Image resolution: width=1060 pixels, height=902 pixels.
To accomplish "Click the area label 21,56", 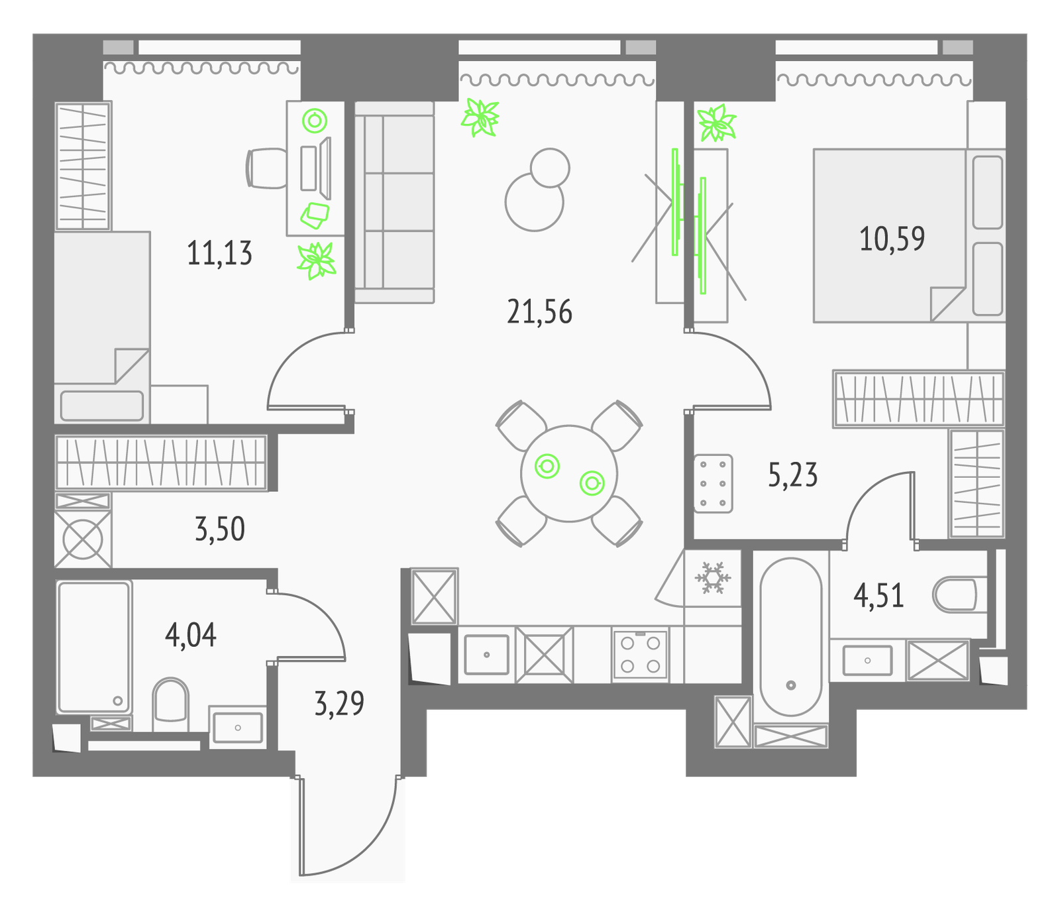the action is pyautogui.click(x=539, y=311).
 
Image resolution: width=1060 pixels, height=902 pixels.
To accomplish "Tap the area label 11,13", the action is pyautogui.click(x=219, y=253).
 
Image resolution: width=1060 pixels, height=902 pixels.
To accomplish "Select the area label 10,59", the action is pyautogui.click(x=892, y=239).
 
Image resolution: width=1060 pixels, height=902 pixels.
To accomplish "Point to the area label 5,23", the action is pyautogui.click(x=792, y=475).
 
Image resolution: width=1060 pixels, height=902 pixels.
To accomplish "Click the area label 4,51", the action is pyautogui.click(x=878, y=596).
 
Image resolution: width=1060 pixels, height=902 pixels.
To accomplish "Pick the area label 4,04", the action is pyautogui.click(x=191, y=635).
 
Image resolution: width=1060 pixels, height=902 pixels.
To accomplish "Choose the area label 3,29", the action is pyautogui.click(x=339, y=703).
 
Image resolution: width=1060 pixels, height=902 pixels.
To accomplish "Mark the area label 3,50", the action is pyautogui.click(x=220, y=529).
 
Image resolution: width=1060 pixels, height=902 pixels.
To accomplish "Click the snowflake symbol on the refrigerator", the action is pyautogui.click(x=712, y=578).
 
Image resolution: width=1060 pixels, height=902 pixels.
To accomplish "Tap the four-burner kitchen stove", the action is pyautogui.click(x=640, y=654).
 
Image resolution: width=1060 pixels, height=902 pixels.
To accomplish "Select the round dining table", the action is pyautogui.click(x=569, y=473).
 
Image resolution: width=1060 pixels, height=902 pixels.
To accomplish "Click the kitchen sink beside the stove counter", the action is pyautogui.click(x=487, y=655).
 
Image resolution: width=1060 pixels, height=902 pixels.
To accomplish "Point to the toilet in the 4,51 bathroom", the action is pyautogui.click(x=959, y=594).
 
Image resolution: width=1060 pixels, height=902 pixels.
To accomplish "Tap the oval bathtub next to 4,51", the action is pyautogui.click(x=790, y=637).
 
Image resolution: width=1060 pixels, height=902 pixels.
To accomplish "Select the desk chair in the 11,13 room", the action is pyautogui.click(x=266, y=168).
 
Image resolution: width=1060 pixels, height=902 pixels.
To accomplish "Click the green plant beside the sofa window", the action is pyautogui.click(x=480, y=117).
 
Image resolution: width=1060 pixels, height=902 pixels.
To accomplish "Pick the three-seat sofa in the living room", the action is pyautogui.click(x=394, y=202).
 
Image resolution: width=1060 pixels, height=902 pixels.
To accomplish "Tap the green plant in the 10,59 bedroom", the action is pyautogui.click(x=716, y=123).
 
